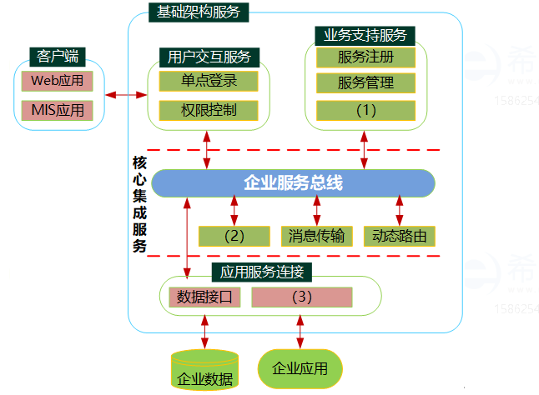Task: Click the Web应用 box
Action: pyautogui.click(x=58, y=82)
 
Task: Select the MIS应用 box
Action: pyautogui.click(x=58, y=109)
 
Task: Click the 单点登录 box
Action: pyautogui.click(x=209, y=81)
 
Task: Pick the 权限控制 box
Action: pyautogui.click(x=209, y=110)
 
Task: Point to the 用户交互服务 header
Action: pyautogui.click(x=209, y=57)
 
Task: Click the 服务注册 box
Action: pyautogui.click(x=365, y=57)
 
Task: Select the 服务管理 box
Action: pyautogui.click(x=365, y=83)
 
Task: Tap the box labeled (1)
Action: pyautogui.click(x=365, y=109)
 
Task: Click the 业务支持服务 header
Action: pyautogui.click(x=365, y=35)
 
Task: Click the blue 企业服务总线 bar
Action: pyautogui.click(x=293, y=183)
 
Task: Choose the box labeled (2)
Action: pyautogui.click(x=234, y=236)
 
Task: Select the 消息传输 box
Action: pyautogui.click(x=317, y=236)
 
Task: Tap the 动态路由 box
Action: pyautogui.click(x=400, y=236)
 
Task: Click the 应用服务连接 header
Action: pyautogui.click(x=266, y=272)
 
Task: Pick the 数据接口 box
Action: pyautogui.click(x=204, y=297)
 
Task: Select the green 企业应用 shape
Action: pyautogui.click(x=300, y=368)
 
